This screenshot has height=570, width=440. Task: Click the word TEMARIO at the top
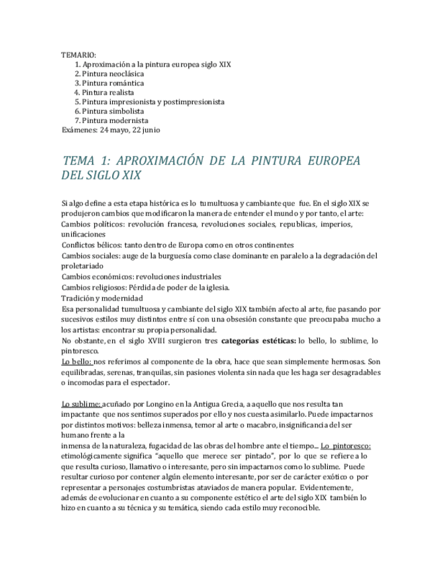(79, 55)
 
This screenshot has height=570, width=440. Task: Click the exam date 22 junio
(146, 130)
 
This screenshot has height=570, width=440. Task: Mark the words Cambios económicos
(97, 276)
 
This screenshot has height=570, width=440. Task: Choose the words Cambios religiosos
(95, 287)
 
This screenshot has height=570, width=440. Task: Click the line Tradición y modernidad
(101, 298)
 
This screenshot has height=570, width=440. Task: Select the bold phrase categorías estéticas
(258, 341)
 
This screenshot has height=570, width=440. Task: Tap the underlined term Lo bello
(76, 362)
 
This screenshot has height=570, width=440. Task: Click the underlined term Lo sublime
(81, 404)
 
